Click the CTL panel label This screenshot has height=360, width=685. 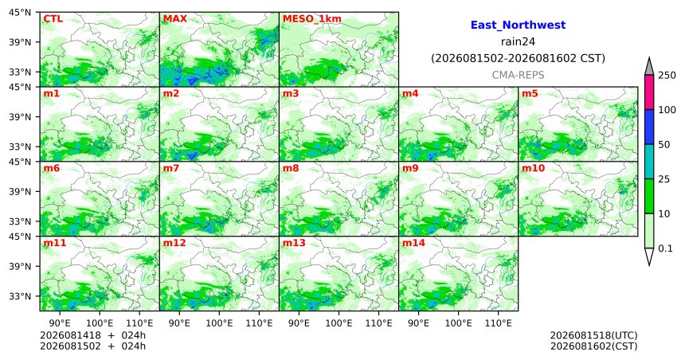tap(53, 19)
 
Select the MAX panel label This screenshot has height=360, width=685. tap(174, 19)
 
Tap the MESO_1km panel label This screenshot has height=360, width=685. tap(312, 19)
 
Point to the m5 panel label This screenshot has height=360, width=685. tap(530, 93)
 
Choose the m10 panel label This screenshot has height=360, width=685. tap(533, 168)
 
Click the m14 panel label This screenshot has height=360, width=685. tap(413, 243)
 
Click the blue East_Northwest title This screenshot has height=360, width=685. tap(518, 25)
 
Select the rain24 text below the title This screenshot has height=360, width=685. tap(518, 42)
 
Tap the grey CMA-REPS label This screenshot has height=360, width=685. tap(518, 75)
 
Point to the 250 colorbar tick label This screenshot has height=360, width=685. tap(667, 75)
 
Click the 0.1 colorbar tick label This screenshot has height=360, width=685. tap(665, 248)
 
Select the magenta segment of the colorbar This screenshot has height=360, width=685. tap(648, 92)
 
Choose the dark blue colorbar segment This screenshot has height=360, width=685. tap(648, 127)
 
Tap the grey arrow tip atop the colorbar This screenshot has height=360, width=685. tap(648, 57)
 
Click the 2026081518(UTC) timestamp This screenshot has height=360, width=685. tap(593, 335)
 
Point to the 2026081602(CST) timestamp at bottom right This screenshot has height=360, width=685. tap(593, 346)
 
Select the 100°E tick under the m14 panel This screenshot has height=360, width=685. tap(459, 323)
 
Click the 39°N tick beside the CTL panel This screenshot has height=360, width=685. tap(20, 42)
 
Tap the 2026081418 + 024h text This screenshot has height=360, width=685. tap(92, 335)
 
